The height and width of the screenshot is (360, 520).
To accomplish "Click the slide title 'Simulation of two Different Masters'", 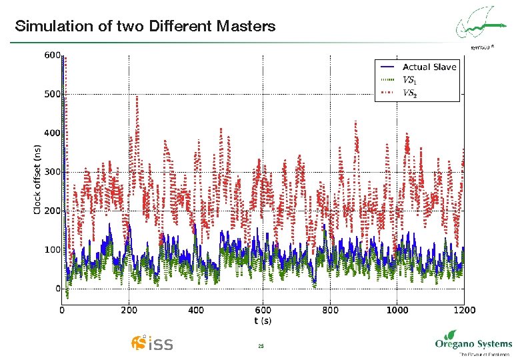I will point(145,27).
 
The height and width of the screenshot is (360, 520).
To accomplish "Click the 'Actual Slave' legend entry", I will point(429,67).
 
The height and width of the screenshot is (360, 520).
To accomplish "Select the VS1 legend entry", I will point(410,80).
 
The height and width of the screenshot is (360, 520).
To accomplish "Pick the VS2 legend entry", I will point(410,93).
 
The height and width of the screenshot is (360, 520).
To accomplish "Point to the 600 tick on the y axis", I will point(52,55).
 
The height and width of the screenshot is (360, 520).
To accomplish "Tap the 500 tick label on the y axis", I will point(52,94).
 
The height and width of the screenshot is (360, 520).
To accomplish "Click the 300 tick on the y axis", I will point(52,172).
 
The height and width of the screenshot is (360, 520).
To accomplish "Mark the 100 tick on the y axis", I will point(52,250).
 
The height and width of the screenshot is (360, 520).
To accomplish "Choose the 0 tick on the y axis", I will point(57,289).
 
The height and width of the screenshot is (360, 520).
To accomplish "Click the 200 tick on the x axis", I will point(129,310).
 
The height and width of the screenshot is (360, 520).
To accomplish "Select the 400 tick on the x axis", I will point(196,310).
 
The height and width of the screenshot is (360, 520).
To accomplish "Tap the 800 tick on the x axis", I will point(330,310).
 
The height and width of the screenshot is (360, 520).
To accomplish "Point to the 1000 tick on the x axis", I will point(397,310).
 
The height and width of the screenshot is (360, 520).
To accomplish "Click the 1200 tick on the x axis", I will point(464,310).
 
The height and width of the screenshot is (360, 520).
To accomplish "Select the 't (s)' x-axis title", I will point(263,321).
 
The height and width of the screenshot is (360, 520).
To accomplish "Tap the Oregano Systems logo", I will point(473,345).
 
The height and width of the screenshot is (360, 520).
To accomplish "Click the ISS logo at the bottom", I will point(153,343).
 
